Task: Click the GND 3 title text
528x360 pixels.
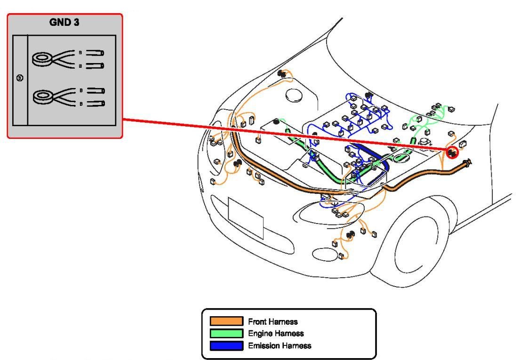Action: click(x=64, y=22)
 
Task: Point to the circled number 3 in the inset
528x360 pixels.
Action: click(x=19, y=78)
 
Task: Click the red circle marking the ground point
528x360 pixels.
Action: click(x=452, y=152)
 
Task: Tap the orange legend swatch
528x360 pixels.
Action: click(x=226, y=322)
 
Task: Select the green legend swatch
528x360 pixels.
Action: click(x=226, y=334)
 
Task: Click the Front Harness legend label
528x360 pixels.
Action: click(x=273, y=322)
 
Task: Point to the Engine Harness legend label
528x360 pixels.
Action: click(x=276, y=334)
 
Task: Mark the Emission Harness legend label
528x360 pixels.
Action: click(x=280, y=346)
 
